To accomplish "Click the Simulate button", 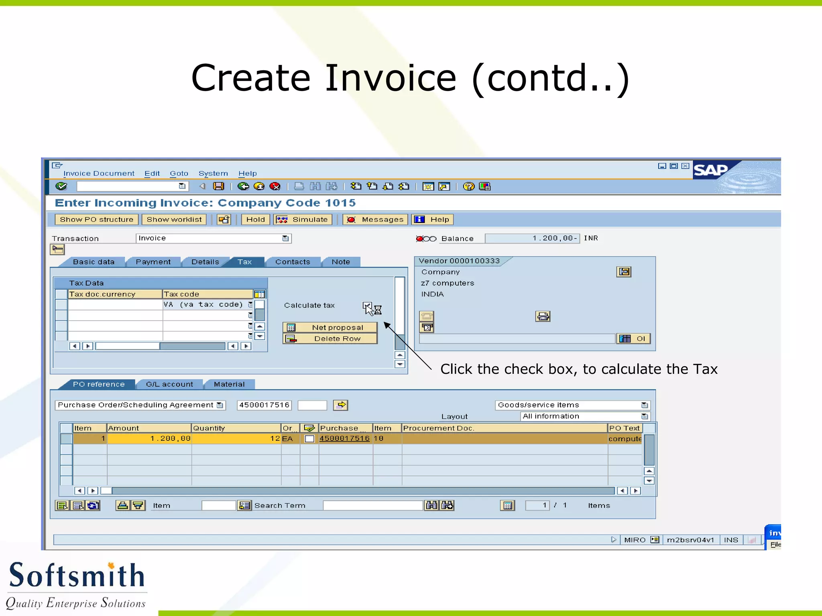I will (303, 219).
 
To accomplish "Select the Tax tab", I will (244, 262).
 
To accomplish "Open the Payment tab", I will (153, 262).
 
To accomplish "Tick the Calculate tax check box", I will (367, 306).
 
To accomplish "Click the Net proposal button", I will (330, 328).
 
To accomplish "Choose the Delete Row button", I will (330, 339).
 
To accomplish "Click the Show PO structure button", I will (96, 219).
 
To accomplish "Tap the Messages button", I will (375, 219).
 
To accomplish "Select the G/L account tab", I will (169, 384).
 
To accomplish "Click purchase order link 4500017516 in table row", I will (344, 438).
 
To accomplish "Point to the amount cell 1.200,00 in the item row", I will (149, 438).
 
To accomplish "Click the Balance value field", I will (532, 238).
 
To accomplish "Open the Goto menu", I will (179, 174).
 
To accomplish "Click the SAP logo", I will (710, 170).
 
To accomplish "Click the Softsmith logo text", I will (76, 575).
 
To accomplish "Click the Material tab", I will (229, 384).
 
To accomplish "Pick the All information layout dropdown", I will (585, 416).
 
